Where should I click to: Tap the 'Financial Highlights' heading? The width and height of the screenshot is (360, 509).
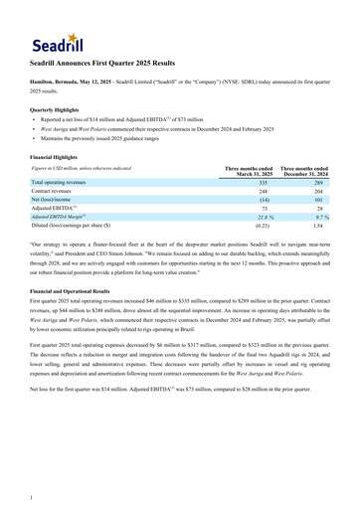pos(56,157)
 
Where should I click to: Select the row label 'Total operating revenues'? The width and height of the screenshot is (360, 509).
pos(68,183)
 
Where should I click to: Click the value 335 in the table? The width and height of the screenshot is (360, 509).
pos(264,183)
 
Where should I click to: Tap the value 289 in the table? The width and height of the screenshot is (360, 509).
pos(319,183)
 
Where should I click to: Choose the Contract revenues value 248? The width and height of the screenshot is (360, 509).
pos(264,194)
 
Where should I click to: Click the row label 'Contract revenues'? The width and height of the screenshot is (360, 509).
pos(58,194)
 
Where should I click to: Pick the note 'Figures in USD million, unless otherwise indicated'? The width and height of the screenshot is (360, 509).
pos(83,170)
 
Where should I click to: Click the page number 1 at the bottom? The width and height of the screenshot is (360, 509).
pos(33,496)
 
